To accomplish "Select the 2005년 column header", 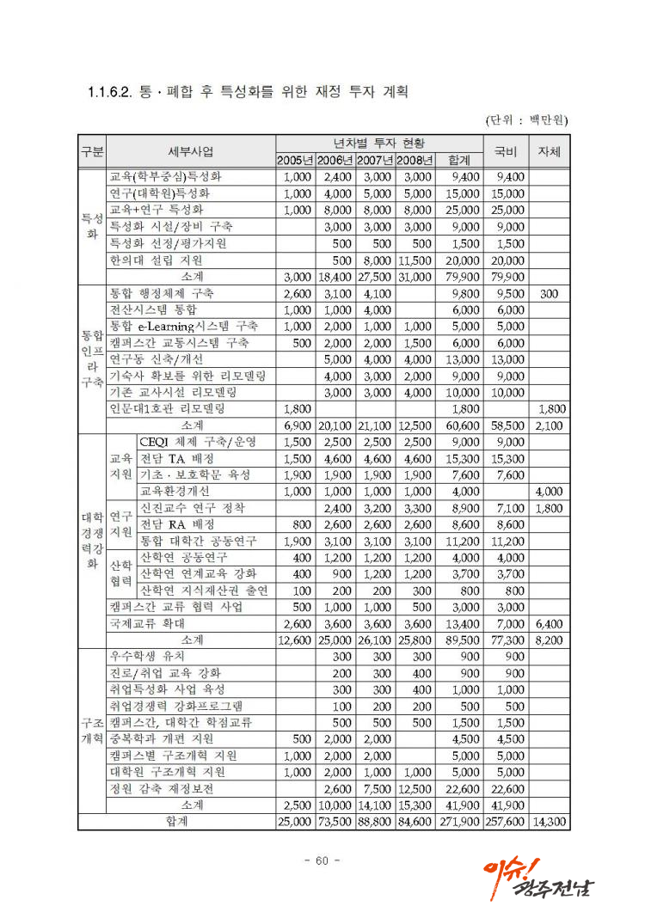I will tap(295, 161).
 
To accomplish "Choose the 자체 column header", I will tap(548, 151).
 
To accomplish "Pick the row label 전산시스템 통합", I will tap(153, 309).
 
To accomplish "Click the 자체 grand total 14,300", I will tap(549, 822).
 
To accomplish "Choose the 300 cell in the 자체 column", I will tap(549, 293).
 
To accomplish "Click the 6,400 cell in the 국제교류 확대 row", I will tap(549, 623).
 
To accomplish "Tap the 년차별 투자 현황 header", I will tap(378, 143).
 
